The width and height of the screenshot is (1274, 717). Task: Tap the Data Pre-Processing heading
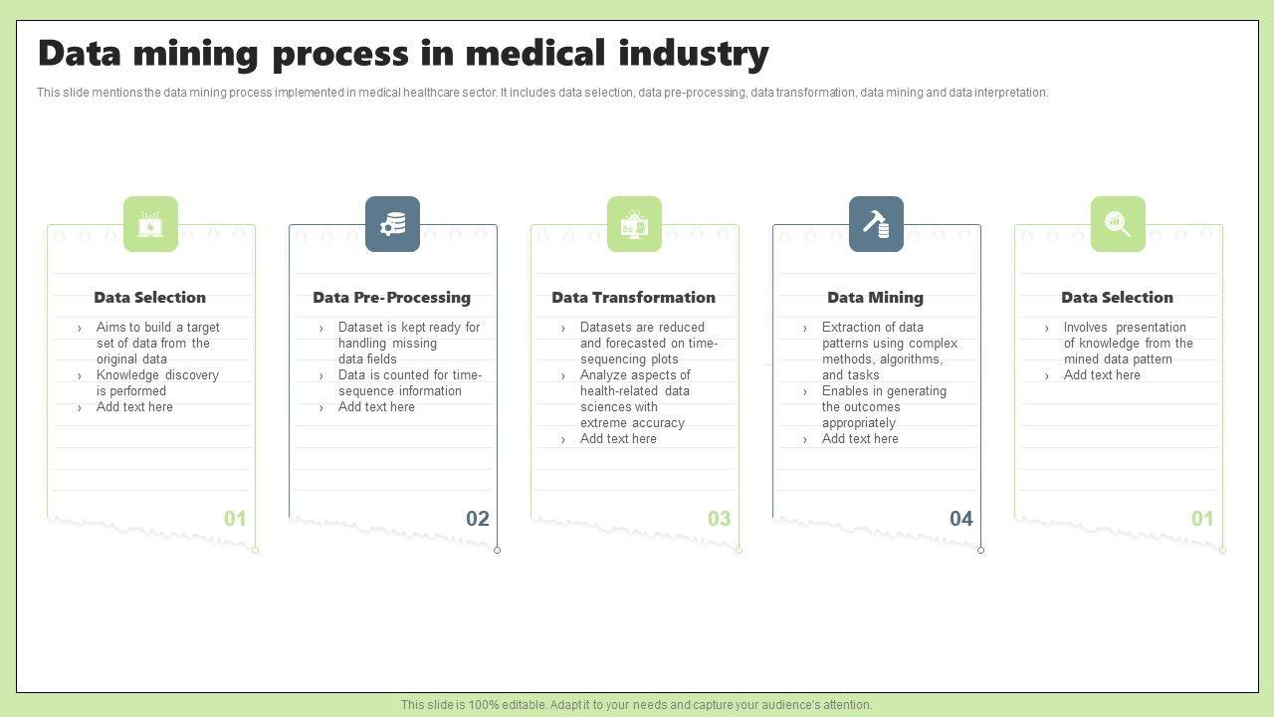coord(391,297)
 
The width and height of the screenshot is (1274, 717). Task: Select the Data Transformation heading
coord(633,297)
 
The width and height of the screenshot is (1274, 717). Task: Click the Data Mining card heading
coord(875,297)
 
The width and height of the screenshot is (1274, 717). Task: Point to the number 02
coord(478,519)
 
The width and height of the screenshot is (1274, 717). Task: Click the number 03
coord(719,519)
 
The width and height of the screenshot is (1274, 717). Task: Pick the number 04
coord(960,519)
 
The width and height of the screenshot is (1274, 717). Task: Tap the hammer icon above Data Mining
coord(876,224)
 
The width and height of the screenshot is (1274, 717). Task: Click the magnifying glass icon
coord(1118,224)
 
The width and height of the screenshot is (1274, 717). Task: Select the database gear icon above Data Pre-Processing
coord(392,224)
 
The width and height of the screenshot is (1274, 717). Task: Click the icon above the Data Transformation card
coord(634,224)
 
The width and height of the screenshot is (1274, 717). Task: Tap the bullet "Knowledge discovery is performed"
coord(156,383)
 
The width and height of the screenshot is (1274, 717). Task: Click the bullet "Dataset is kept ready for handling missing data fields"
coord(408,343)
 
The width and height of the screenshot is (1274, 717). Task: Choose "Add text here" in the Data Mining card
coord(860,439)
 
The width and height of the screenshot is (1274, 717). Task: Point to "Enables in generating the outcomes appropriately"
coord(883,407)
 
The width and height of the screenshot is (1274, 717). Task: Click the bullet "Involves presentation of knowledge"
coord(1127,343)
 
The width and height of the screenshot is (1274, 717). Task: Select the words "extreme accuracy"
coord(632,423)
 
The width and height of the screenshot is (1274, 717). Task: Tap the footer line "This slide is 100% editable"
coord(637,705)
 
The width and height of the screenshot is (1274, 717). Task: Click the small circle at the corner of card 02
coord(497,550)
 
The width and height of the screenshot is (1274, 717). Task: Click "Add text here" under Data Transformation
coord(618,439)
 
